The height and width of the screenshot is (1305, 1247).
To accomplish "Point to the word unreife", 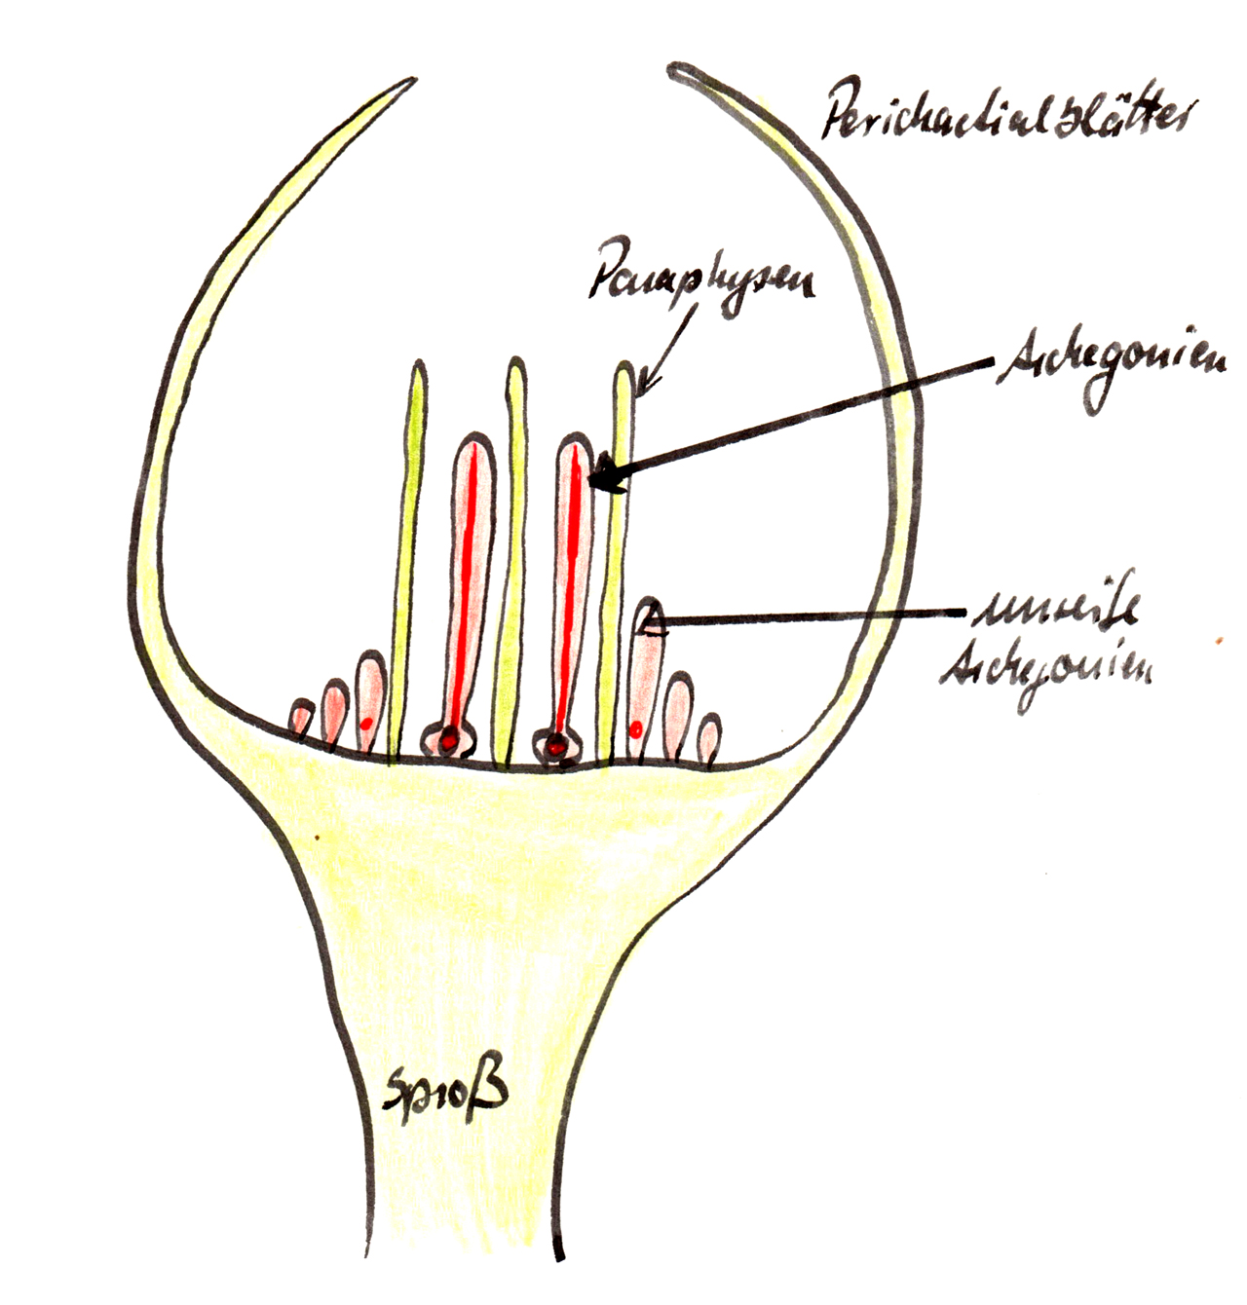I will click(x=1056, y=611).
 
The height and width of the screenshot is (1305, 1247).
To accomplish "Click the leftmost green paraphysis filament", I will click(x=410, y=555).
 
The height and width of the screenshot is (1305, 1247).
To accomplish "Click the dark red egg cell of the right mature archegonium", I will click(x=555, y=747).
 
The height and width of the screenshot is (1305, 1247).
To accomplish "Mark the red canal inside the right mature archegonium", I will click(x=572, y=584).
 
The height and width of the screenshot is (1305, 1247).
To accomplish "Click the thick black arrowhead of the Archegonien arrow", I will click(x=605, y=475).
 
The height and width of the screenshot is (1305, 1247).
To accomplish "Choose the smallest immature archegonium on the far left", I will click(x=301, y=718).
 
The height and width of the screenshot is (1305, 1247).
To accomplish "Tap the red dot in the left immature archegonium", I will click(x=366, y=723).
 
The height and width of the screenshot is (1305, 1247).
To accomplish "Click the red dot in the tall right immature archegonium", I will click(x=636, y=727).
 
